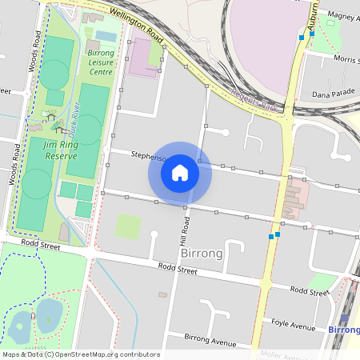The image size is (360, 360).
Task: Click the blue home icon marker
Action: (180, 173)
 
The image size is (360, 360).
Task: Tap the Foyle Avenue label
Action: (293, 325)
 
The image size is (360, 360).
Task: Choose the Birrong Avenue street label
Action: (210, 340)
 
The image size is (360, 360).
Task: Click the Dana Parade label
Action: (333, 92)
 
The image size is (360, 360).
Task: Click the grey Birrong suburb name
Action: (202, 253)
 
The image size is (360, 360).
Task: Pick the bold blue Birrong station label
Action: (344, 329)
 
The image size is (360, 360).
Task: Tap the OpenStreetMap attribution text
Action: (81, 354)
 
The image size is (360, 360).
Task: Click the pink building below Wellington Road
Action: (143, 57)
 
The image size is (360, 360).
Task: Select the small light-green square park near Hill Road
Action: (128, 226)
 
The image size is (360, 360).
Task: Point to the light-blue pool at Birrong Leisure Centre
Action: (106, 36)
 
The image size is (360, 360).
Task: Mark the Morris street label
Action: (346, 59)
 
